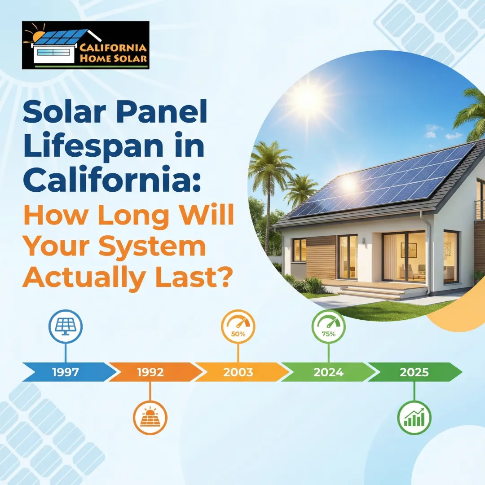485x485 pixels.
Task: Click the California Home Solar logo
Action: [x=85, y=45]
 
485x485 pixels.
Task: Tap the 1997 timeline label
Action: [x=65, y=372]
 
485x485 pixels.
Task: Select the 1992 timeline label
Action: [x=150, y=372]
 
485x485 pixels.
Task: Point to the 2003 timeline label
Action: [x=238, y=372]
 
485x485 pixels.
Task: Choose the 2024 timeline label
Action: [x=328, y=372]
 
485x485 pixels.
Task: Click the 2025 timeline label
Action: [x=414, y=372]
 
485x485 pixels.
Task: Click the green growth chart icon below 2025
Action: [x=414, y=418]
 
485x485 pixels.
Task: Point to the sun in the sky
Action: [x=305, y=97]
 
